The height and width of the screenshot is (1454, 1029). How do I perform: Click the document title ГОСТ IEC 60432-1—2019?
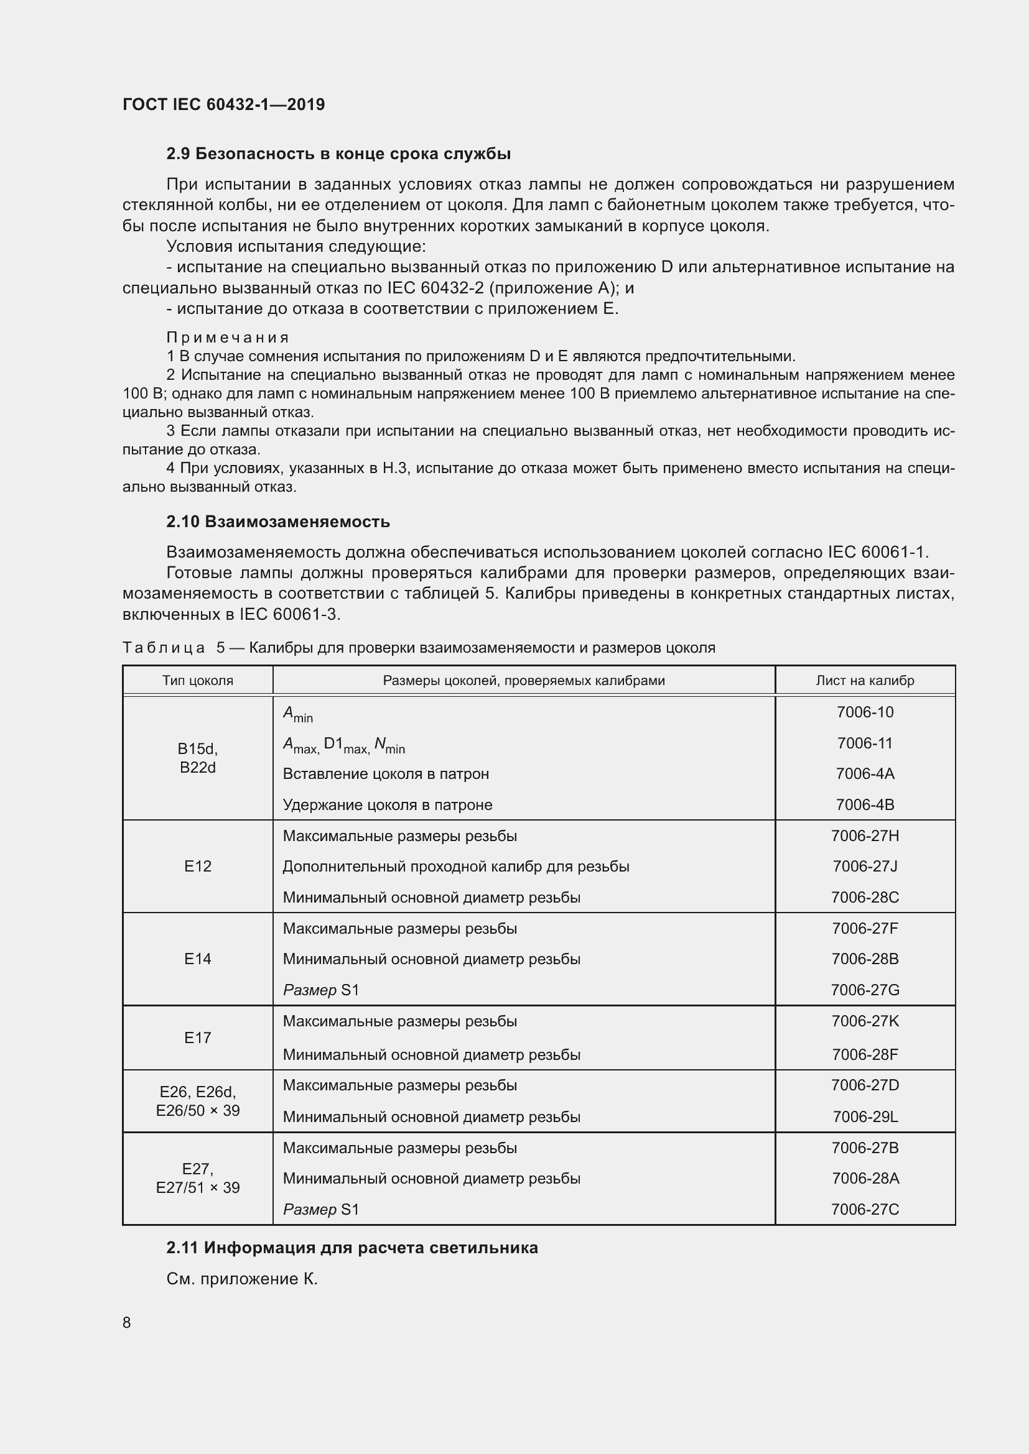(223, 104)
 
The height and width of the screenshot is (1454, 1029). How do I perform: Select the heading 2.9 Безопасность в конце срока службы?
(338, 154)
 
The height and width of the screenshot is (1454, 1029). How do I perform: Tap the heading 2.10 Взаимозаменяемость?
(277, 522)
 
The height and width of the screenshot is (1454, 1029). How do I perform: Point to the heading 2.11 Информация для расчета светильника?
(352, 1248)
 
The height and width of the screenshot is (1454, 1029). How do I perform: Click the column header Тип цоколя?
(198, 681)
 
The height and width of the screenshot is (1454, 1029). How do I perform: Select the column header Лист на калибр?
(864, 681)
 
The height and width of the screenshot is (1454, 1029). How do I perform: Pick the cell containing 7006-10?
(864, 712)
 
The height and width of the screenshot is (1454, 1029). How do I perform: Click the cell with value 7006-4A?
(864, 773)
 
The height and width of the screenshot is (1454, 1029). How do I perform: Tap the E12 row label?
(198, 867)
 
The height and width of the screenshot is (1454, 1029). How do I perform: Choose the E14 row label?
(198, 959)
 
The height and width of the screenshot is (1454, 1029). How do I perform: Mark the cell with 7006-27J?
(864, 867)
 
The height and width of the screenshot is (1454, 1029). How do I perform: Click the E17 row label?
(198, 1038)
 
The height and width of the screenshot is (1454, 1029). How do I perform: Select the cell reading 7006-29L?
(864, 1116)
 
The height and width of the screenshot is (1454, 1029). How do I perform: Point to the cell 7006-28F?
(864, 1054)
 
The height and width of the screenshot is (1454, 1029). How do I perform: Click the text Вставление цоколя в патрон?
(385, 774)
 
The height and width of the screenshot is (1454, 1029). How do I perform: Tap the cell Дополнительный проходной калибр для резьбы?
(455, 867)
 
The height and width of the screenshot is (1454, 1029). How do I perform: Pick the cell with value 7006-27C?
(864, 1209)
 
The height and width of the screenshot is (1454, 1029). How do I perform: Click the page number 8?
(127, 1322)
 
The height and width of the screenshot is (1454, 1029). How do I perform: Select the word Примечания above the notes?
(228, 338)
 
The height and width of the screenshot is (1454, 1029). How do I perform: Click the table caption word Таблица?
(164, 648)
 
